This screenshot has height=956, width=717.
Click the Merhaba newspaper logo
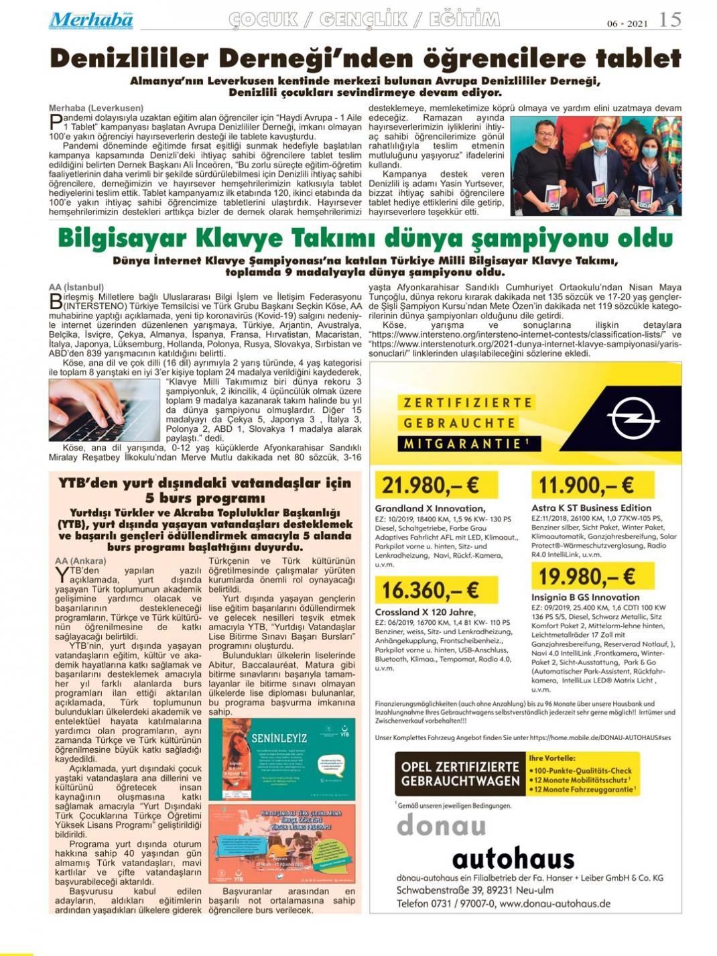[90, 20]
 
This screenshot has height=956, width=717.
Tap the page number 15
[669, 20]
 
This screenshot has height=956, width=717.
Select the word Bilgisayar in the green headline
[121, 239]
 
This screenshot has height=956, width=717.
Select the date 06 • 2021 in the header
[627, 23]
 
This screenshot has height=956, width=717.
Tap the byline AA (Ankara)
[80, 560]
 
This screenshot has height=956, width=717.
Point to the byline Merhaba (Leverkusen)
[96, 108]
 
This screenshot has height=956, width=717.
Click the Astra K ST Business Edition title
[591, 507]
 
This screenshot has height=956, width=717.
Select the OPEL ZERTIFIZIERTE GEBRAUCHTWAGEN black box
[460, 774]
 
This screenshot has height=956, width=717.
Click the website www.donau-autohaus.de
[555, 903]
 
